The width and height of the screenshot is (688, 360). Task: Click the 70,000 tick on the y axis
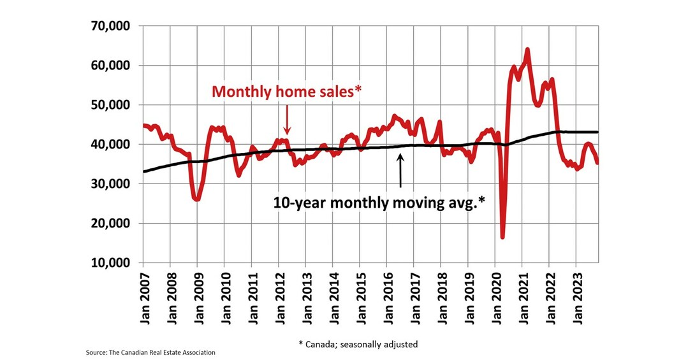pyautogui.click(x=112, y=26)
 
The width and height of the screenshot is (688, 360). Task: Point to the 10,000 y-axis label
pyautogui.click(x=112, y=263)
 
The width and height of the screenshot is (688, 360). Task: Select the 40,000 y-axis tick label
pyautogui.click(x=112, y=145)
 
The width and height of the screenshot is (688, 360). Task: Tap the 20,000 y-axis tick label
pyautogui.click(x=112, y=224)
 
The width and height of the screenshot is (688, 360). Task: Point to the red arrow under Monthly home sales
pyautogui.click(x=287, y=119)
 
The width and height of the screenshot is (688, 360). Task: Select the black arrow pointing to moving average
pyautogui.click(x=400, y=170)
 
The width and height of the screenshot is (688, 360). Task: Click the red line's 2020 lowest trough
pyautogui.click(x=503, y=236)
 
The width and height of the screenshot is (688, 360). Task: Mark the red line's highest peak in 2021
pyautogui.click(x=527, y=50)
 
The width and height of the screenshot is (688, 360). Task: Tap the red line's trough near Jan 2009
pyautogui.click(x=197, y=199)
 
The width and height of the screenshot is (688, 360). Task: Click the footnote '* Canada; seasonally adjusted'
pyautogui.click(x=358, y=344)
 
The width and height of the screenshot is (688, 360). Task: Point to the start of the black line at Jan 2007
pyautogui.click(x=143, y=171)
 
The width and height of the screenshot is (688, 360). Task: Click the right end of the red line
pyautogui.click(x=597, y=162)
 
